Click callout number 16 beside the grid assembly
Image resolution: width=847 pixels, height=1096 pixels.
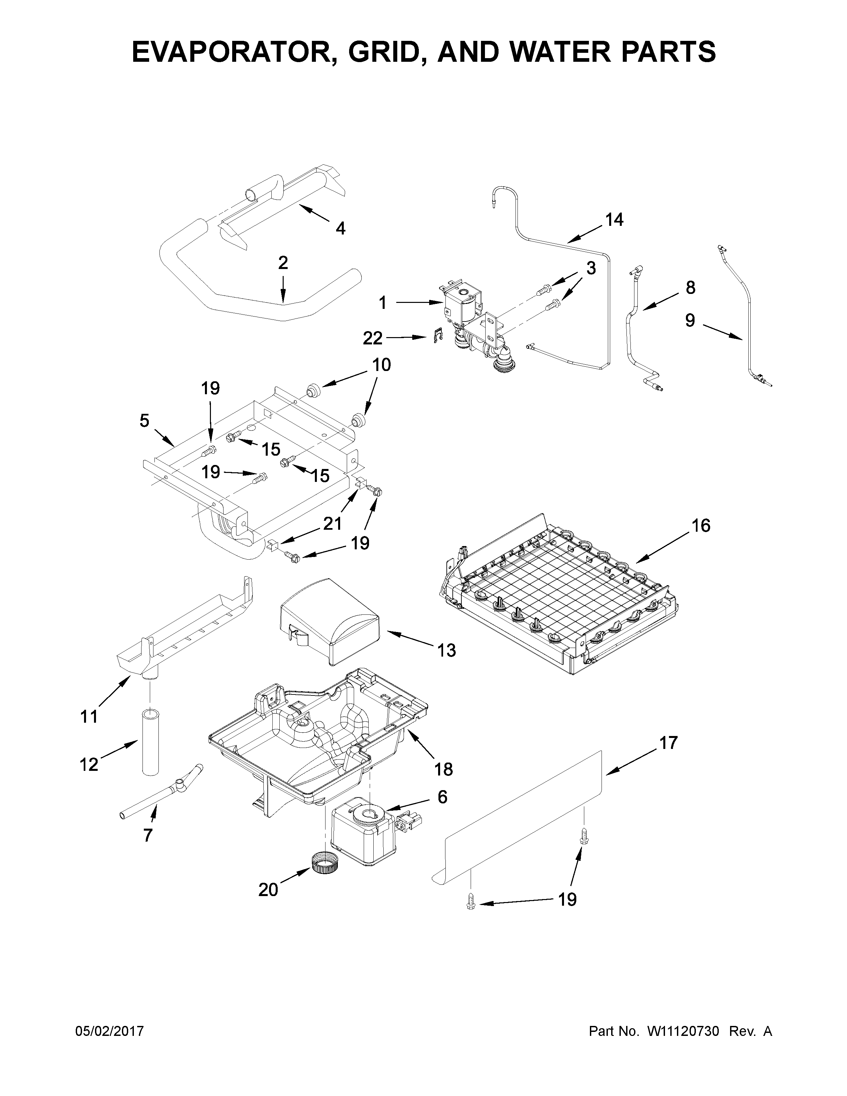[701, 526]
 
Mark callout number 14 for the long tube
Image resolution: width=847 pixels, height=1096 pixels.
[614, 220]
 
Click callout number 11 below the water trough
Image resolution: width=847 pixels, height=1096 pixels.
[89, 717]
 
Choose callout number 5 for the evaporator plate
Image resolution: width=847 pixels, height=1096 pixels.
[144, 420]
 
